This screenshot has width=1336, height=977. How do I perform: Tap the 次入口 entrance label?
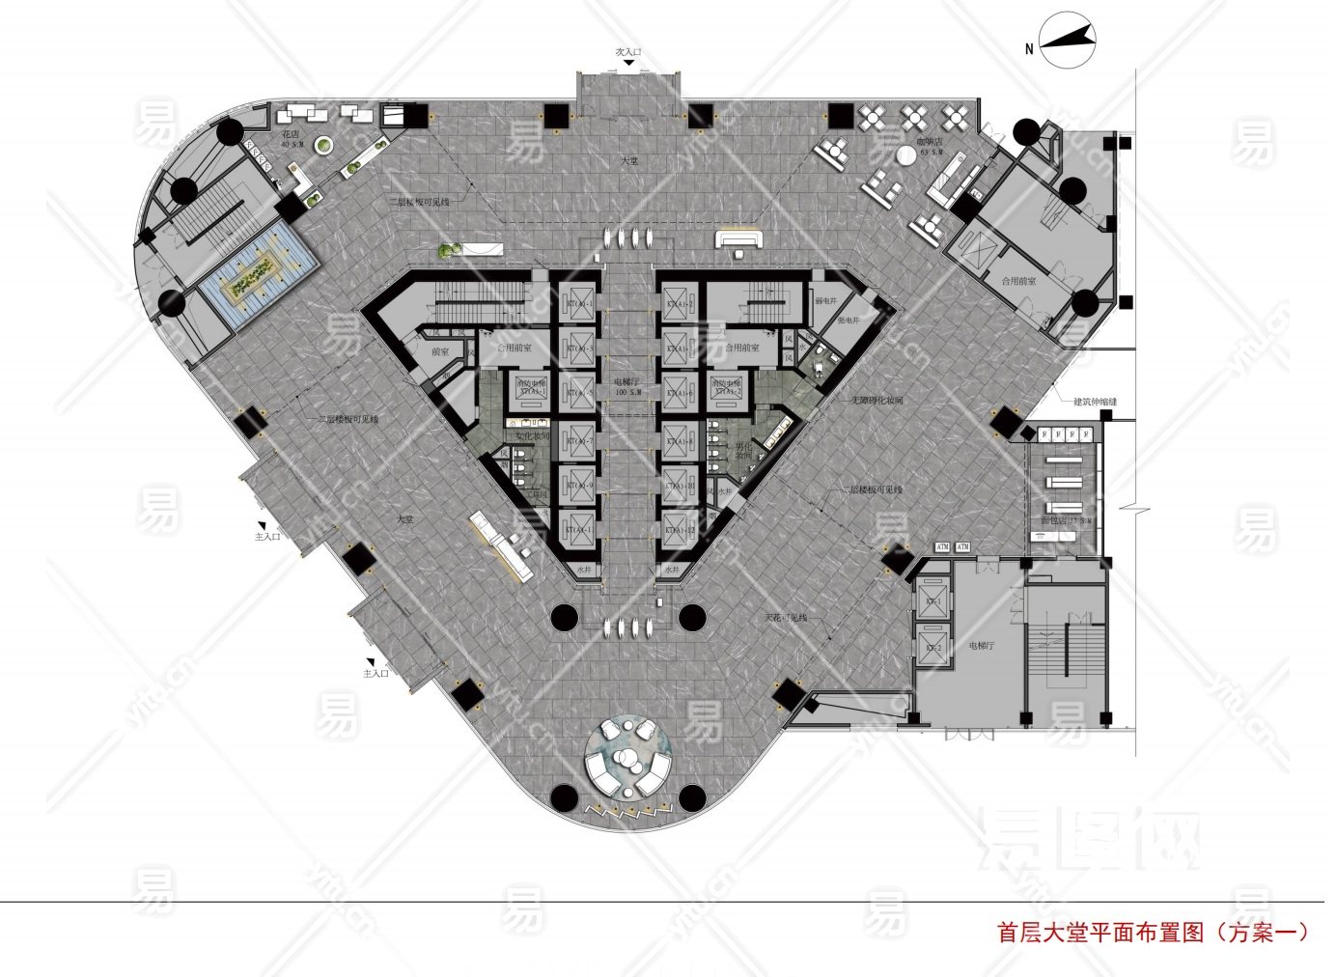(628, 51)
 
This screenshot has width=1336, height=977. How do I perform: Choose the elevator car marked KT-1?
(933, 602)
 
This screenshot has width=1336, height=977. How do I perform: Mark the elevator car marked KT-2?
(933, 648)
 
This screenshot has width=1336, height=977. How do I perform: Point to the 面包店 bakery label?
(1065, 521)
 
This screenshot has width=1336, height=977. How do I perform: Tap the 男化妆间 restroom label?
(743, 450)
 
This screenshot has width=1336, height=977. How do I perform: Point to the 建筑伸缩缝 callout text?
(1095, 401)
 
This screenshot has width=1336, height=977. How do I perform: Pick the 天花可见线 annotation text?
(786, 617)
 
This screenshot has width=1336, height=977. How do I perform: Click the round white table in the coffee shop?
(905, 154)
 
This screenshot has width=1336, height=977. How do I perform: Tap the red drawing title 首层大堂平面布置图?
(1100, 933)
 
